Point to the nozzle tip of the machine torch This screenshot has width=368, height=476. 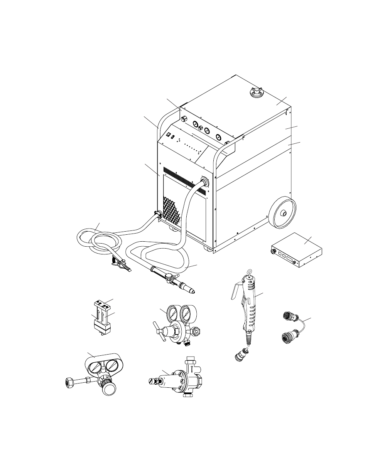coord(191,289)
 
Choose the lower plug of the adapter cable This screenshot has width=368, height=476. coord(287,338)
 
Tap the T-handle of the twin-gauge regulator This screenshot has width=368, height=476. coord(160,332)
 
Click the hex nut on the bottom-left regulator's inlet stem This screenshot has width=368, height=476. coord(69,382)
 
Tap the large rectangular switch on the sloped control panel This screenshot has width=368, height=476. coord(169,135)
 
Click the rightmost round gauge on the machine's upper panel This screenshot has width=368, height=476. coord(219,137)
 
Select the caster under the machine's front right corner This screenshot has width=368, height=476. coord(208,249)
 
